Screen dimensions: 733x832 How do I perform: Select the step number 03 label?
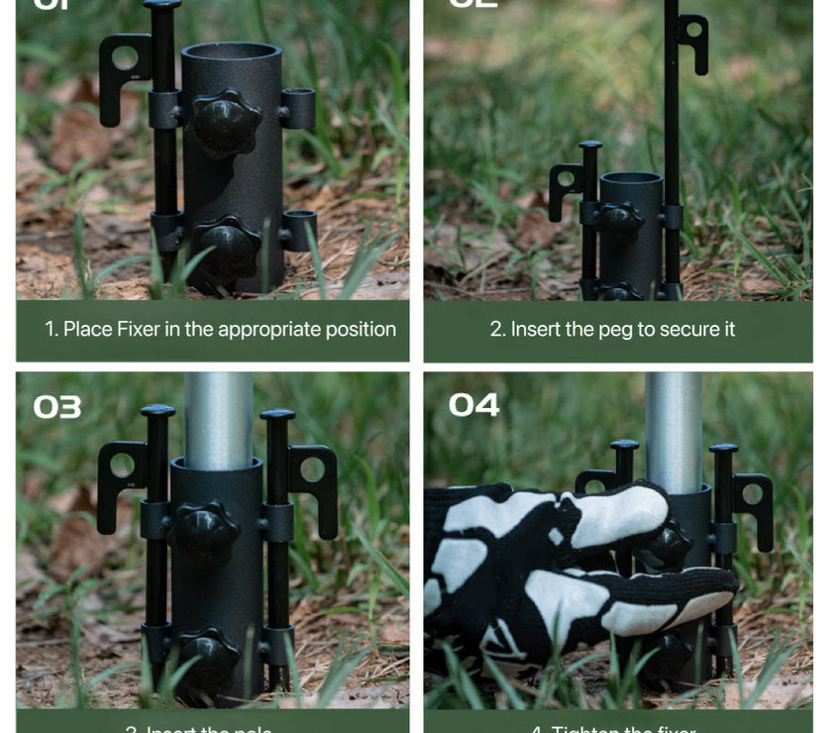coord(57,407)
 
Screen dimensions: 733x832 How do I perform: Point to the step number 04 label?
coord(473,405)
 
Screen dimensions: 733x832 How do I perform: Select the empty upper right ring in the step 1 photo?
coord(297,108)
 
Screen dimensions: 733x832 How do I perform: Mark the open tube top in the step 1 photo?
coord(231,52)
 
